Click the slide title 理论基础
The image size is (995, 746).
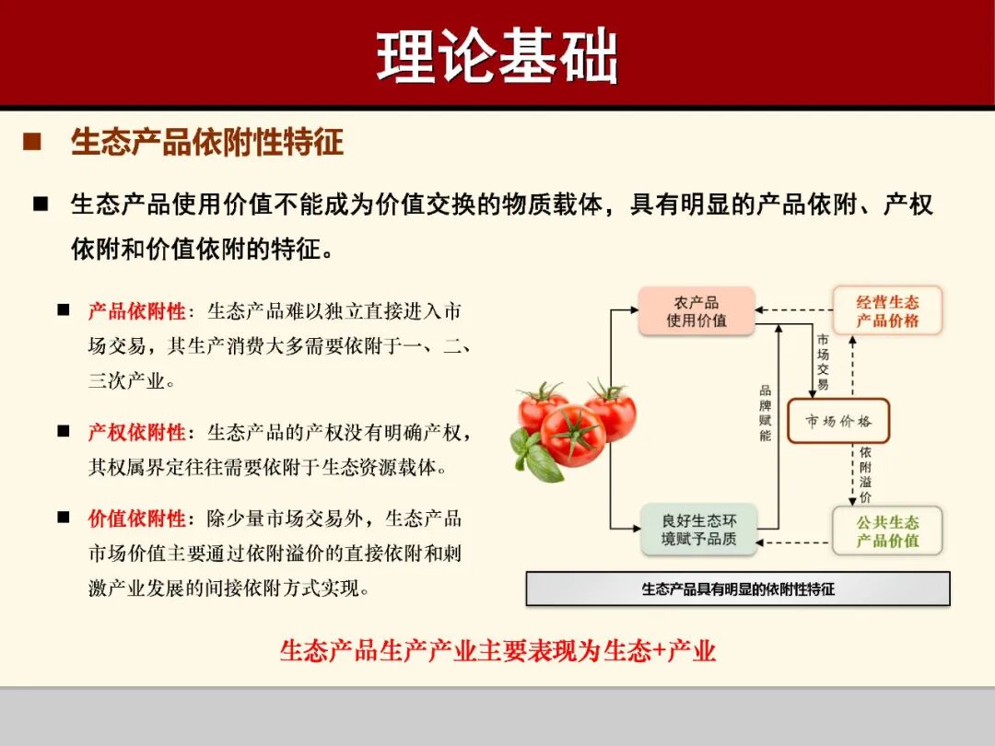[x=497, y=57]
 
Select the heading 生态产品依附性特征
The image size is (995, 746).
[x=207, y=143]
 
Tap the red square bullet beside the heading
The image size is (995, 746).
[x=32, y=143]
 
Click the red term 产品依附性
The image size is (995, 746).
[x=136, y=311]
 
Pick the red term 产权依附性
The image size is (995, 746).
[x=136, y=432]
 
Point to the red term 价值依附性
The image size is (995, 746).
[x=136, y=519]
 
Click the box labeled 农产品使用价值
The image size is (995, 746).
[x=696, y=311]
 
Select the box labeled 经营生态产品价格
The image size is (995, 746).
[x=887, y=311]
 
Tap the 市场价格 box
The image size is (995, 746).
[x=837, y=422]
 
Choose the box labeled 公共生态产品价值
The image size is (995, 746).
[x=887, y=530]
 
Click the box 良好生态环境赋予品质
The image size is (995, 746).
[x=698, y=530]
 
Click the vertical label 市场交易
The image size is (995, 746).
[x=823, y=362]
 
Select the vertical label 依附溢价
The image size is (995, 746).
[x=865, y=474]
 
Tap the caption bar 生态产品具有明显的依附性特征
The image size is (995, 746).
[x=737, y=589]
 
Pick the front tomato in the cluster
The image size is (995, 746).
[x=573, y=435]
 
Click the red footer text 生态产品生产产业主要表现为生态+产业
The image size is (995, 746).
[x=497, y=651]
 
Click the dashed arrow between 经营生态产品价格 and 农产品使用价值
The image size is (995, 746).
[x=793, y=309]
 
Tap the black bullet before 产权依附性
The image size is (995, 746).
[x=64, y=431]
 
